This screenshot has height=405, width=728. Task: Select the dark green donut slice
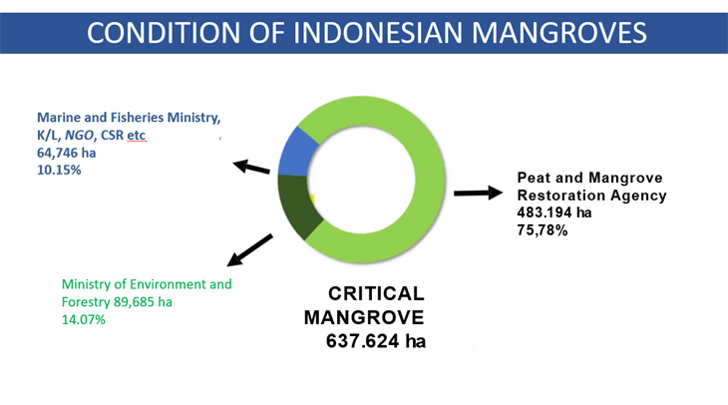[x=297, y=204]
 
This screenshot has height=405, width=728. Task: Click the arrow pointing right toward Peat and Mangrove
[x=479, y=193]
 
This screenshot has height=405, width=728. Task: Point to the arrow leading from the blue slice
[x=251, y=167]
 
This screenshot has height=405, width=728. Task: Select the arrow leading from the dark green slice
[x=249, y=250]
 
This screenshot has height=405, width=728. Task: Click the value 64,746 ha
[x=67, y=153]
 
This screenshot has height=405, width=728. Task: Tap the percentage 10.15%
[x=59, y=170]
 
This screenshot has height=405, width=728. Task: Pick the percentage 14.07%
[x=84, y=319]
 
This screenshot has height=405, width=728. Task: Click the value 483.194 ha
[x=554, y=212]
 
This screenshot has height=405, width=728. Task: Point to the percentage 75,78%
[x=543, y=230]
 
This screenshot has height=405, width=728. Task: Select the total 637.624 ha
[x=376, y=341]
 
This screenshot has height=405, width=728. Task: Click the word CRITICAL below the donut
[x=376, y=293]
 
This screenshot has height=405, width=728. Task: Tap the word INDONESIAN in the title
[x=378, y=33]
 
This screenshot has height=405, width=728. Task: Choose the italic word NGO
[x=79, y=135]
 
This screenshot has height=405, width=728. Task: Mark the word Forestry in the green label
[x=86, y=302]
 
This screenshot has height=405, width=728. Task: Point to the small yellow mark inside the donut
[x=312, y=200]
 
